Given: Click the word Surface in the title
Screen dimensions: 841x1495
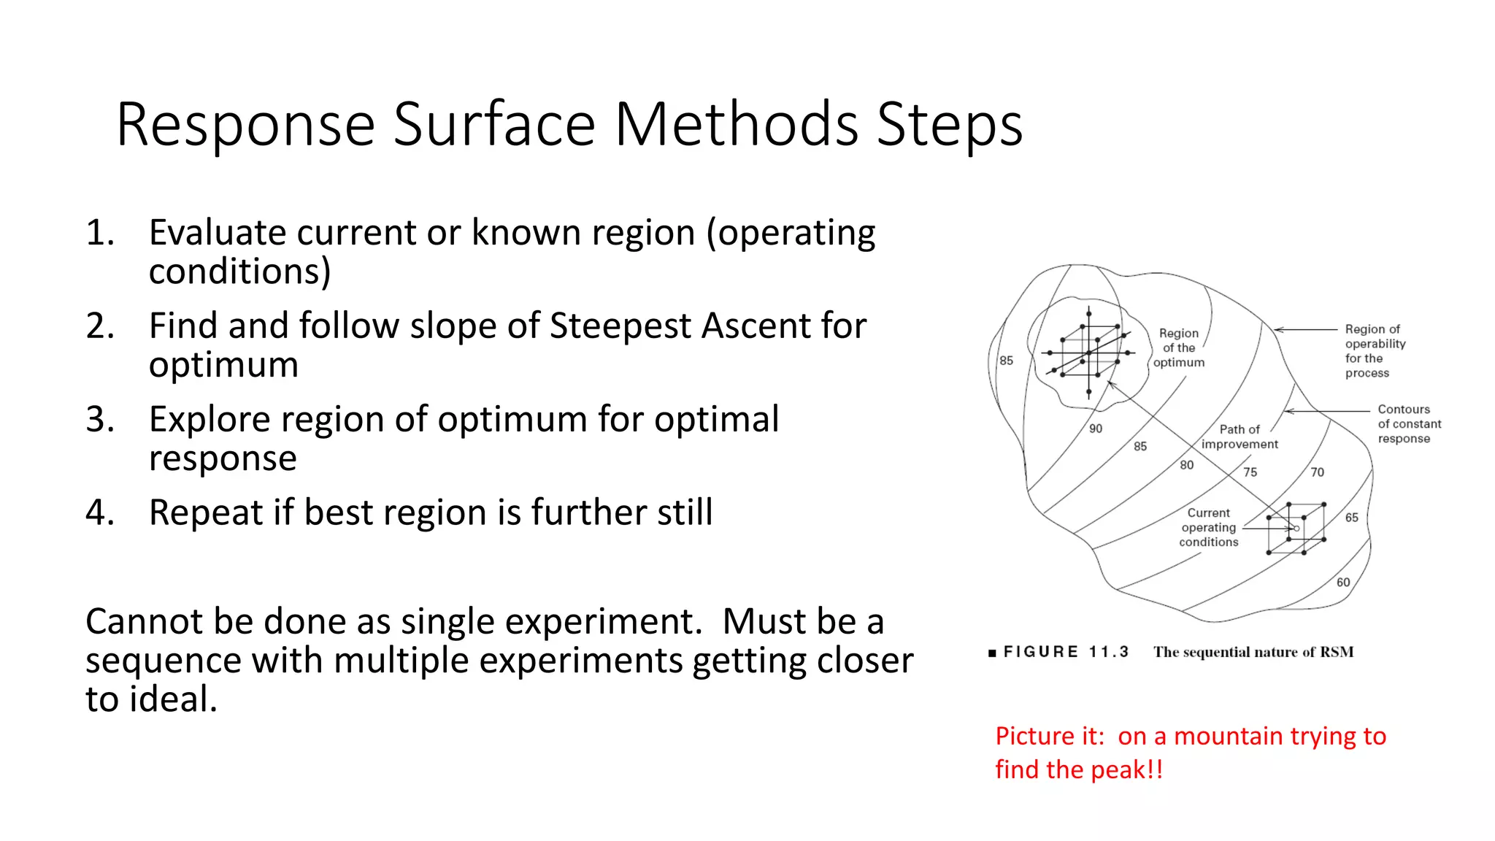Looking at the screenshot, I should tap(494, 124).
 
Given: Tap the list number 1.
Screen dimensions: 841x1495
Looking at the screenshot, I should tap(100, 233).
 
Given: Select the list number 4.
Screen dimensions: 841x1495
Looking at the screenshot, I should tap(100, 512).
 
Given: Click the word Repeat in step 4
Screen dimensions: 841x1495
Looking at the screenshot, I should tap(205, 512).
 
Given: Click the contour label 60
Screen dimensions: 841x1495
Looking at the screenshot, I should tap(1343, 583).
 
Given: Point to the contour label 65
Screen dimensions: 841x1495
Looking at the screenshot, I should tap(1352, 518).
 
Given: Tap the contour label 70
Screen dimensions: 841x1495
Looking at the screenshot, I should tap(1317, 472).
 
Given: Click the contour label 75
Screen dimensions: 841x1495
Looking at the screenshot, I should tap(1250, 472).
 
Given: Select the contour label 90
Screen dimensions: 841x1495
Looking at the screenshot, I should tap(1096, 429).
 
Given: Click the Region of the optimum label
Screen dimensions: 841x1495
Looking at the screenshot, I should tap(1179, 348).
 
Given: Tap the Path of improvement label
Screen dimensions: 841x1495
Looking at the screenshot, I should tap(1240, 437).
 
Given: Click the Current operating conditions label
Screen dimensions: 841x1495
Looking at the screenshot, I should tap(1208, 528).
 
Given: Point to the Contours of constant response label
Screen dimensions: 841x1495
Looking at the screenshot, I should tap(1409, 424).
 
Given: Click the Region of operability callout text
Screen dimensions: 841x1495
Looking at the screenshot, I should tap(1375, 351).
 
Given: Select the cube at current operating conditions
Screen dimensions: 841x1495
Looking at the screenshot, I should tap(1296, 529).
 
